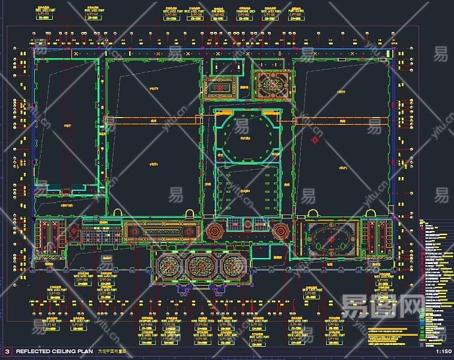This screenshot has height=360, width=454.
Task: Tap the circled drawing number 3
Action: click(x=7, y=351)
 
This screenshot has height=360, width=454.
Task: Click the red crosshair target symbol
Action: click(x=315, y=139)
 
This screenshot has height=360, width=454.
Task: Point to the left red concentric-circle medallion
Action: click(x=214, y=230)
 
